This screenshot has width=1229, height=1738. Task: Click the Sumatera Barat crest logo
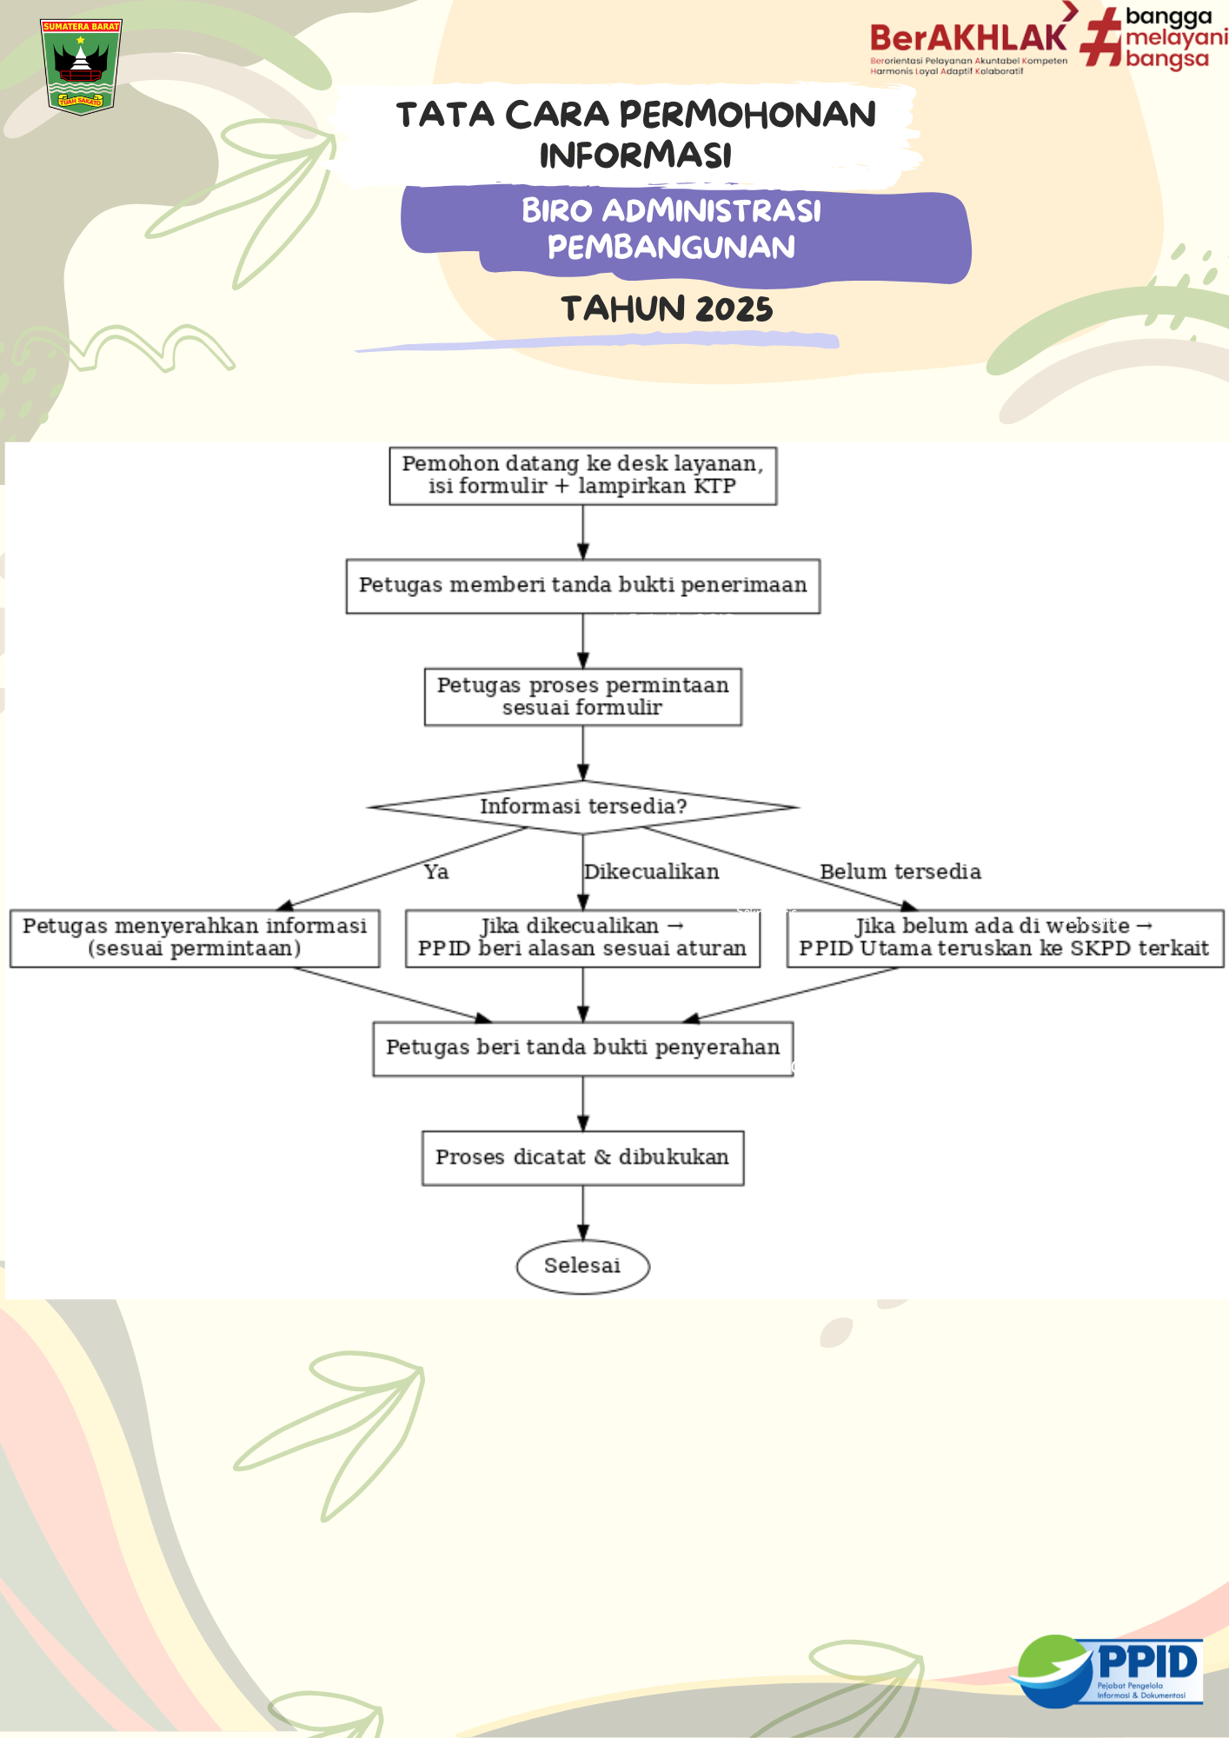coord(81,67)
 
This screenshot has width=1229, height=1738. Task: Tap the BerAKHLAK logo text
coord(968,39)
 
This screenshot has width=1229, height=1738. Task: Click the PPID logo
coord(1108,1670)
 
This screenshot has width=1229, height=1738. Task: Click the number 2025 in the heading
coord(734,309)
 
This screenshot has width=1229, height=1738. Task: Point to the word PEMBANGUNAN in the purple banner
coord(671,248)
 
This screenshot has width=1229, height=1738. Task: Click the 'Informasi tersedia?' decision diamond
coord(582,806)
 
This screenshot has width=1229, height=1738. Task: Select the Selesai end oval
coord(582,1266)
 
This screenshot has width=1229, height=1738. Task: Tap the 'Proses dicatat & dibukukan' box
coord(582,1158)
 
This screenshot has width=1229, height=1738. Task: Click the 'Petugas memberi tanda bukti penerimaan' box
coord(582,586)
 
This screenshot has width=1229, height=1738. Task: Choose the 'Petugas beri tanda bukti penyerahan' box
coord(582,1048)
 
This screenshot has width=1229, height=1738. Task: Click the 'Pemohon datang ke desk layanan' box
coord(582,475)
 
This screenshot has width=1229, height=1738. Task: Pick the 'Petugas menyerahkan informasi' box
coord(195,938)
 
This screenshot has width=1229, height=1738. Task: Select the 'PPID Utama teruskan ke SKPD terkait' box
coord(1004,938)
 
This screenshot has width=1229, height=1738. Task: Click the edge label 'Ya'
coord(436,872)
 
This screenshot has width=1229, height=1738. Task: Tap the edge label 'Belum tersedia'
coord(900,872)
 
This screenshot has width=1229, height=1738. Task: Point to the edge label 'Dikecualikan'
coord(652,872)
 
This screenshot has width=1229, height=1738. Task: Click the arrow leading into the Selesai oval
coord(582,1213)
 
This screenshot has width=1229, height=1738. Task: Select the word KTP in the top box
coord(714,486)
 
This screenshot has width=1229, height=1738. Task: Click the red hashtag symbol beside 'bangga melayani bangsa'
coord(1101,37)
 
